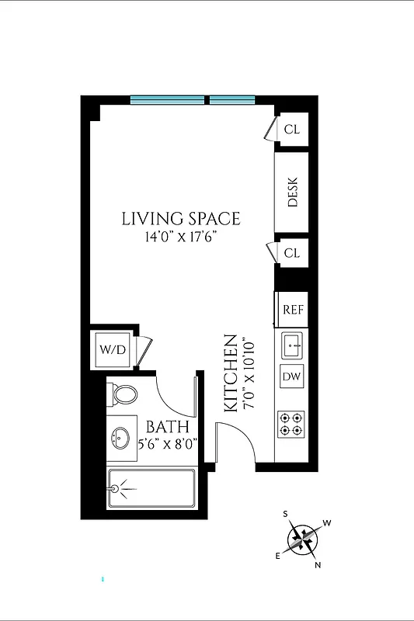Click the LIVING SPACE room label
(181, 219)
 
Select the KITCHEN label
(231, 373)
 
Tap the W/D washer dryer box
(111, 349)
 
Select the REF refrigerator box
(292, 309)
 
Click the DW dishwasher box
(292, 377)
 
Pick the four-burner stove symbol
(292, 425)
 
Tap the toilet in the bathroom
(123, 394)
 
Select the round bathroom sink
(120, 438)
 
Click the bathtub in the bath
(151, 488)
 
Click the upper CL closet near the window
(292, 129)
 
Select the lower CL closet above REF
(292, 253)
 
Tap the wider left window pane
(167, 99)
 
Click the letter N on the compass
(317, 564)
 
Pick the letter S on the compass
(286, 514)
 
